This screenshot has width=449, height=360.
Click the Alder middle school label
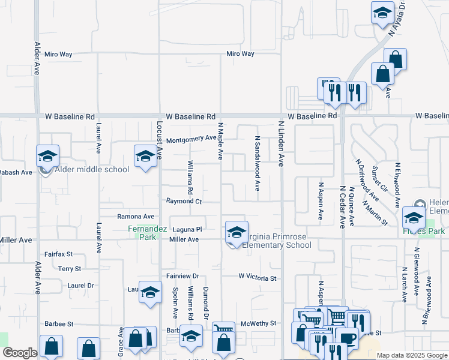(92, 169)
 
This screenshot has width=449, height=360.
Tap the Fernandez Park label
(142, 233)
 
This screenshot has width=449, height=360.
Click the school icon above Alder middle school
(47, 157)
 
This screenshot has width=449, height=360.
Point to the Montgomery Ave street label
(191, 139)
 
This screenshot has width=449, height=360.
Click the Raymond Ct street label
(184, 202)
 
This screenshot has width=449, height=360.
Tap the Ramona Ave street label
(136, 216)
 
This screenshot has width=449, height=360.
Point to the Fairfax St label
(58, 254)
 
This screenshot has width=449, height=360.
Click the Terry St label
(70, 269)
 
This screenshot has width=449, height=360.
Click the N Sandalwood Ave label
(257, 163)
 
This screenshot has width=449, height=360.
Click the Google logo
(20, 353)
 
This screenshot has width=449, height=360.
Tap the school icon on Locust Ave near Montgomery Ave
(145, 157)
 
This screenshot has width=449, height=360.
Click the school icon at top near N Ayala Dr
(382, 13)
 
